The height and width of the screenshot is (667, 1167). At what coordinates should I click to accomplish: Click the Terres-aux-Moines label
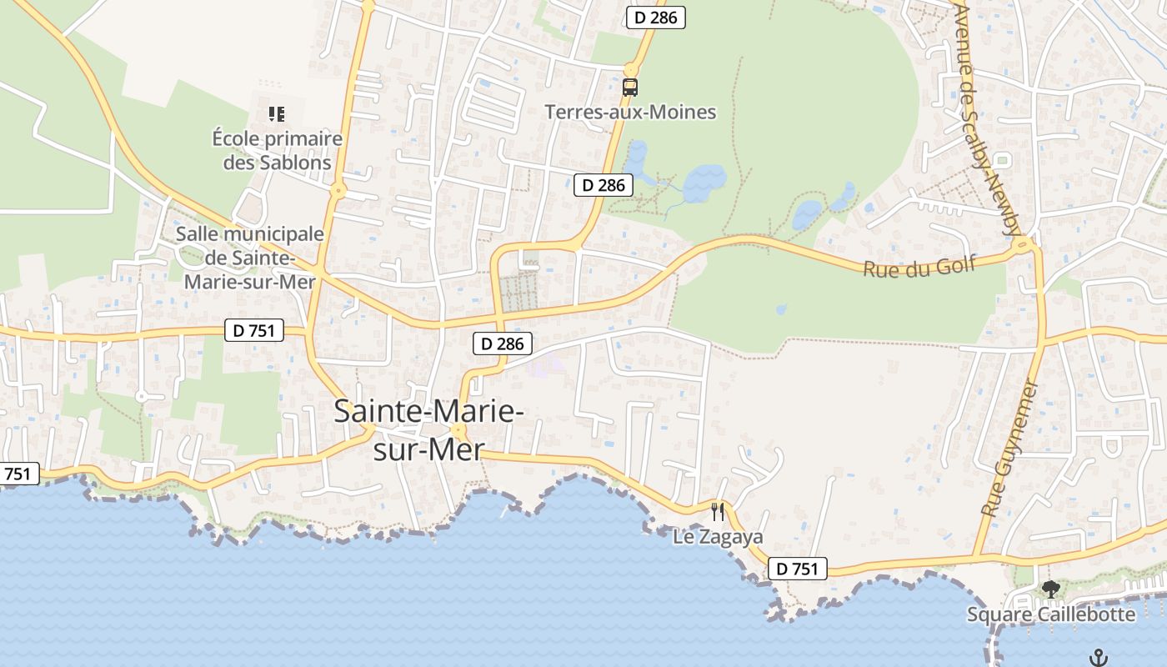coord(630,112)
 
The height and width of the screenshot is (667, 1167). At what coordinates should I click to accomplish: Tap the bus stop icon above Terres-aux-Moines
coord(630,87)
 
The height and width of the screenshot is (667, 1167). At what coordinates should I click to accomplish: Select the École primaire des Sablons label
coord(278,150)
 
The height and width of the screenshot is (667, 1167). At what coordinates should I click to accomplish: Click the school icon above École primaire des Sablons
coord(277,114)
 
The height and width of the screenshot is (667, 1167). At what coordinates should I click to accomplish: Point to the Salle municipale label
coord(249,258)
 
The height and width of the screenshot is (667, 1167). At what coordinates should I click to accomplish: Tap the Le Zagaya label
coord(718,538)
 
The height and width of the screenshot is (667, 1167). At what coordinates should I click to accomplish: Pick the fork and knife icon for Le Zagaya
coord(718,510)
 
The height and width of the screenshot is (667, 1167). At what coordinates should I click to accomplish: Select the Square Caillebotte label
coord(1050,614)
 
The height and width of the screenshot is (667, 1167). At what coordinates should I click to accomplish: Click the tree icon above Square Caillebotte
coord(1050,589)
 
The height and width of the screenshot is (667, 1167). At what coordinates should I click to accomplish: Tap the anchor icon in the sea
coord(1099,657)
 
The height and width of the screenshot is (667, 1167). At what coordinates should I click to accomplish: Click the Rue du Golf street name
coord(919,268)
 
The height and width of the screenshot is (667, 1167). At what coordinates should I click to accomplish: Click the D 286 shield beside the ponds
coord(604,185)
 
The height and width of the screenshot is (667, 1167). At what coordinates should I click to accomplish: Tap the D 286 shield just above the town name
coord(503,343)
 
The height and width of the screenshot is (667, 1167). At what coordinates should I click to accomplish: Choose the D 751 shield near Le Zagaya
coord(796,569)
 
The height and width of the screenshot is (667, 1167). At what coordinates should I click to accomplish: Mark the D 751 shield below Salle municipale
coord(254,330)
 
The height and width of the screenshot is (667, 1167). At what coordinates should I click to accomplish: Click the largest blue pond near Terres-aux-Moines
coord(704,180)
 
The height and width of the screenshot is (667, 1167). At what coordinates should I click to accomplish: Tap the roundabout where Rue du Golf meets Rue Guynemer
coord(1023,244)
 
